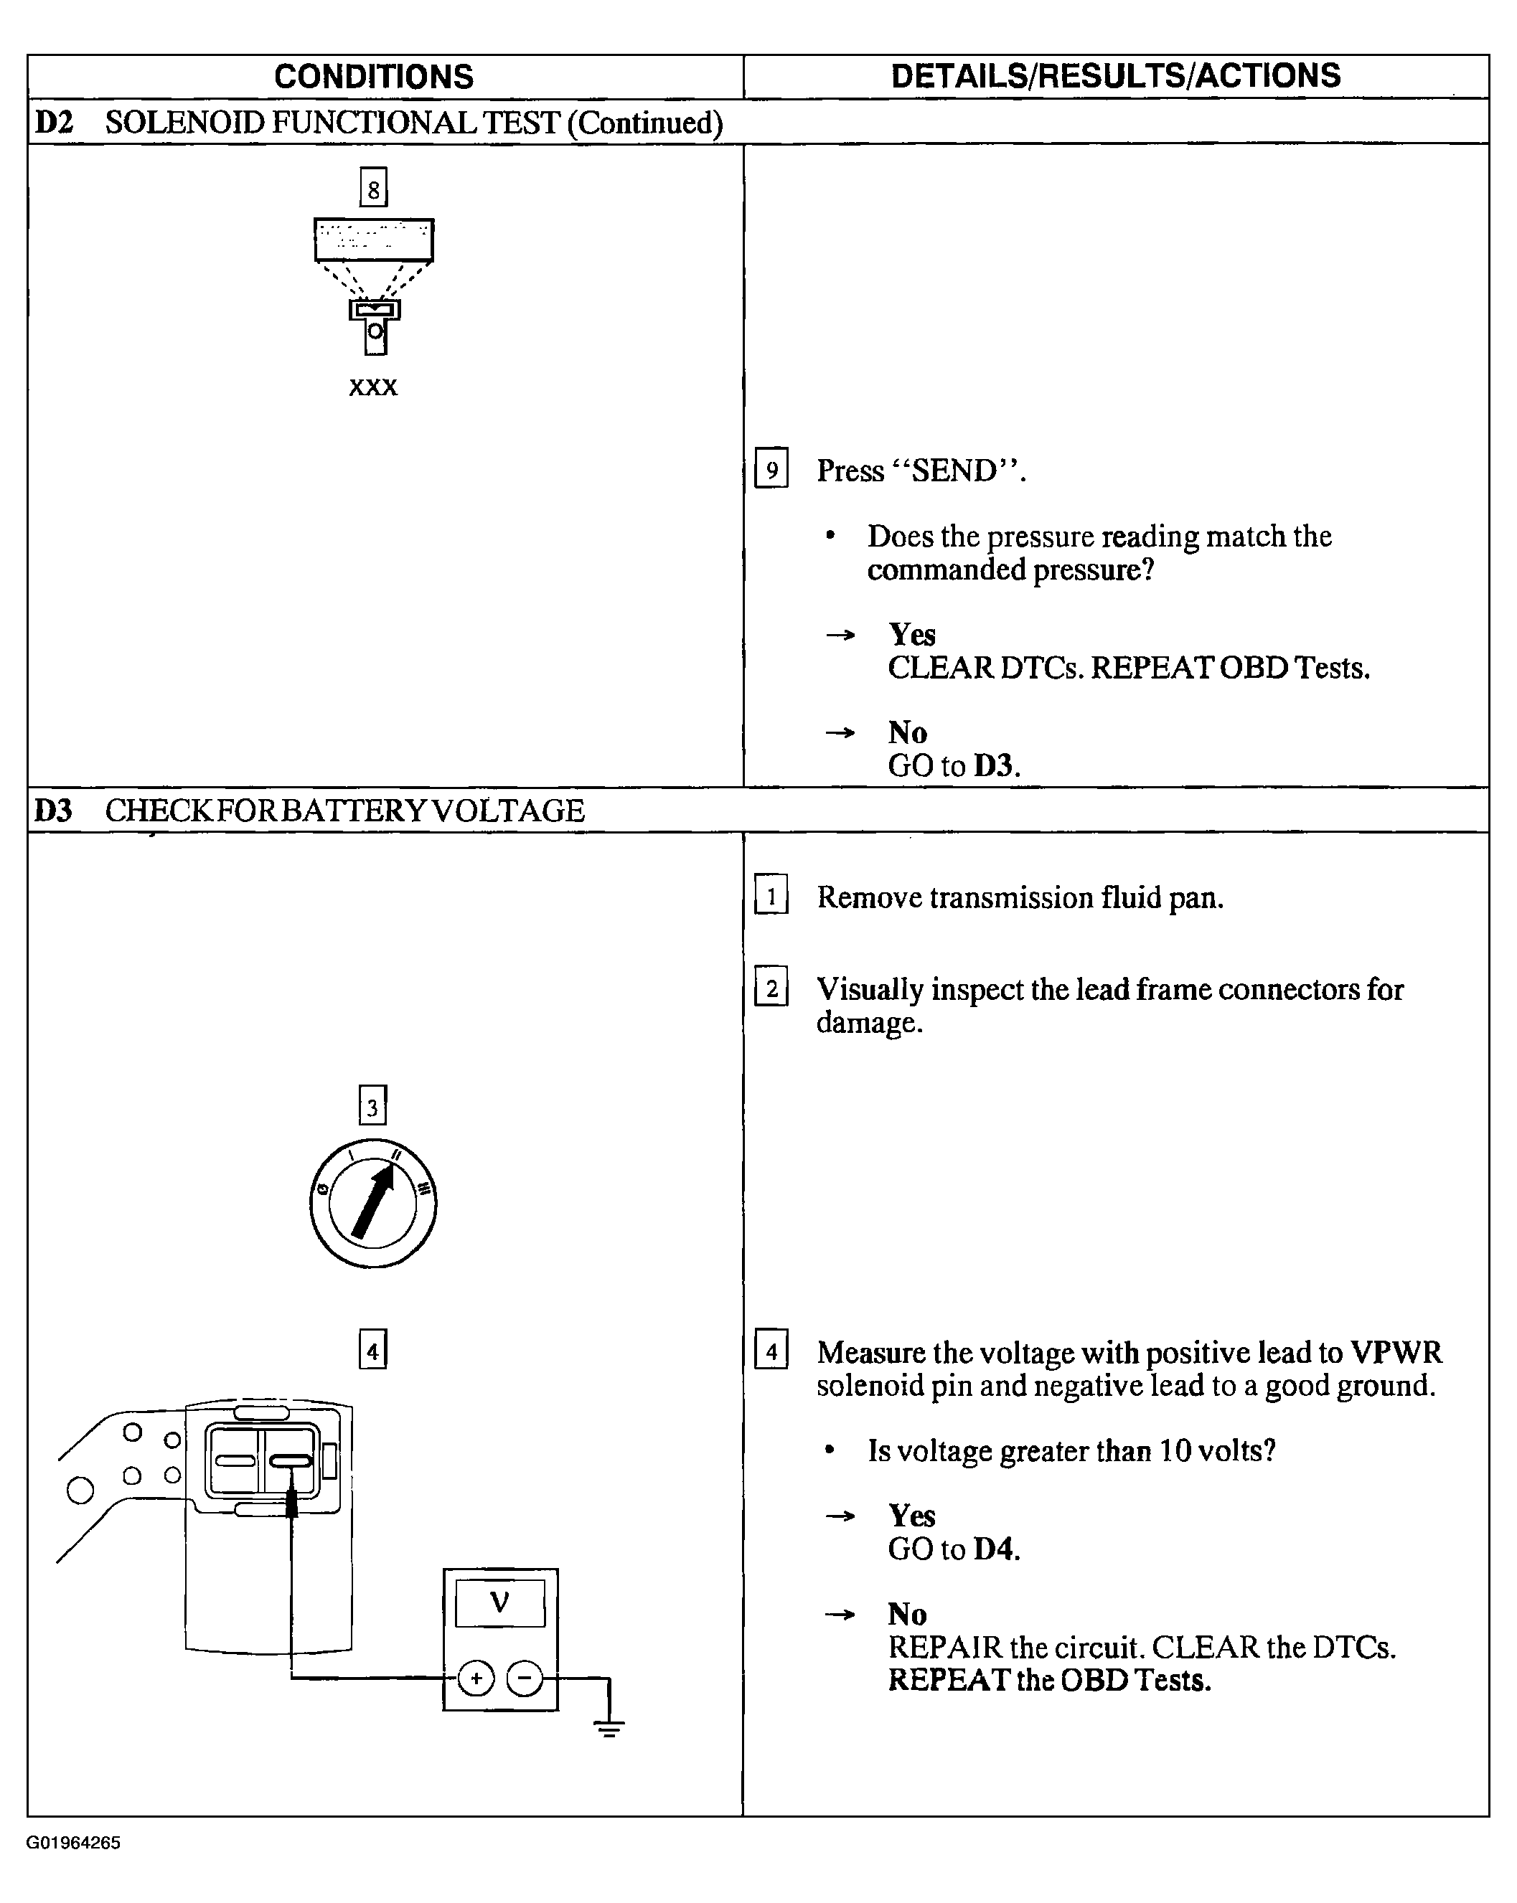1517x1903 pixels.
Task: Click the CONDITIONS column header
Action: pyautogui.click(x=374, y=77)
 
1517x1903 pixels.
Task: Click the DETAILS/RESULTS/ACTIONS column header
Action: pyautogui.click(x=1115, y=76)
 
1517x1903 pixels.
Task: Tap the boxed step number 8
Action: pyautogui.click(x=374, y=188)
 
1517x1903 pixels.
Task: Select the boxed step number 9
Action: pyautogui.click(x=771, y=468)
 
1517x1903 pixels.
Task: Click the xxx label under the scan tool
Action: pyautogui.click(x=374, y=387)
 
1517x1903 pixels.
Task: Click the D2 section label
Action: pyautogui.click(x=53, y=123)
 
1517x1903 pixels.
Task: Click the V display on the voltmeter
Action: pyautogui.click(x=499, y=1602)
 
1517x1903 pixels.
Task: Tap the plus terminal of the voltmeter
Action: pyautogui.click(x=476, y=1678)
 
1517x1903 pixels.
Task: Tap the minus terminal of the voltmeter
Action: pyautogui.click(x=525, y=1678)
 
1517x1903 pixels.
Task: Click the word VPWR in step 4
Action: pyautogui.click(x=1396, y=1352)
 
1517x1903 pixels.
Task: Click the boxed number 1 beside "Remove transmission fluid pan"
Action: pyautogui.click(x=771, y=896)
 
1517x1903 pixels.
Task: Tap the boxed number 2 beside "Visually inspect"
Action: pyautogui.click(x=771, y=988)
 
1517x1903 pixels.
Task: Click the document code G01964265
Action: pyautogui.click(x=73, y=1843)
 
